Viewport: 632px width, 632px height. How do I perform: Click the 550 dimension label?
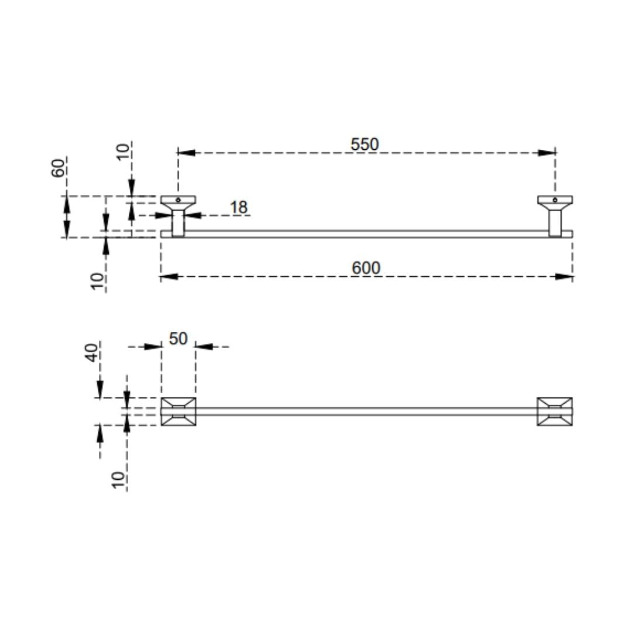pos(365,145)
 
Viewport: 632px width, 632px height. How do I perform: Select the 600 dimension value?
pos(366,268)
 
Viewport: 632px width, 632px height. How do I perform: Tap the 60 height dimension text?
pos(59,168)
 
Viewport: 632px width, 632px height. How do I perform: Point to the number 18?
pos(239,208)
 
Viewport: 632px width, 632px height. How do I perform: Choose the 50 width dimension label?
pos(178,339)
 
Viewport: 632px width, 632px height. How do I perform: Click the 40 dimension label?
pos(92,353)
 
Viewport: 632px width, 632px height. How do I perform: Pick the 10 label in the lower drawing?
pos(118,480)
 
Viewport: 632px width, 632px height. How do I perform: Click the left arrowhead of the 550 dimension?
pos(186,153)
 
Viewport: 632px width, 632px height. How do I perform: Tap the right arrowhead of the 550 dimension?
pos(547,153)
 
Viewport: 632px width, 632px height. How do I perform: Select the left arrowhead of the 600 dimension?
pos(169,276)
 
